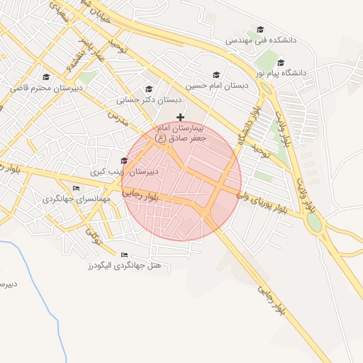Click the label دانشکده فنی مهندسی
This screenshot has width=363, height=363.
(x=260, y=41)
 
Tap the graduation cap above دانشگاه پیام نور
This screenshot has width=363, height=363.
(x=281, y=62)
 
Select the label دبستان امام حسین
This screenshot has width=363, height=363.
(x=217, y=84)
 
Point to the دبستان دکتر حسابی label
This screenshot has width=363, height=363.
(x=149, y=100)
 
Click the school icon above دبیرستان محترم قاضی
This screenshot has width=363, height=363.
(x=46, y=77)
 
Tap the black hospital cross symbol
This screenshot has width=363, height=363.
(x=181, y=117)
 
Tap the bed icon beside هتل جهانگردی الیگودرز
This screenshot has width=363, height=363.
(x=125, y=255)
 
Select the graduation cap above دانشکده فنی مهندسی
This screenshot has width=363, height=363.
(x=260, y=30)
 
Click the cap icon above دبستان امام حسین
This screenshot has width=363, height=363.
(x=216, y=74)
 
